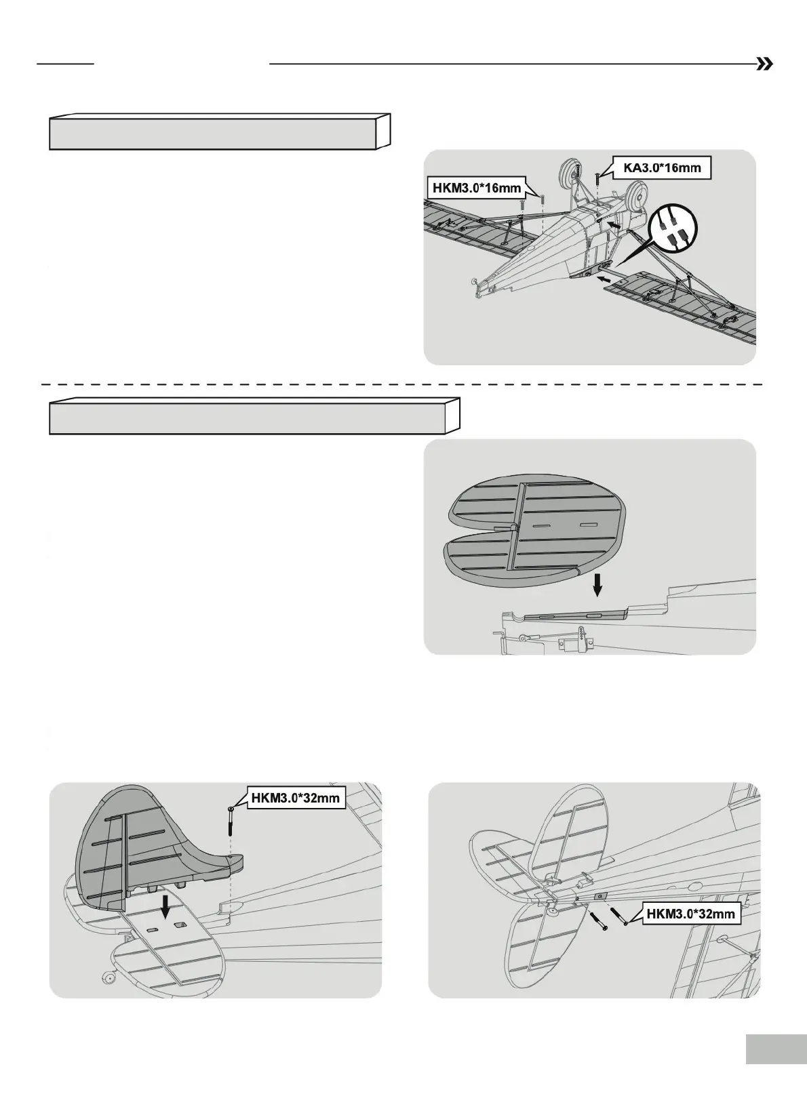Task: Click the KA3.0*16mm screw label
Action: pos(661,167)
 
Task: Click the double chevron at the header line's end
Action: pos(764,64)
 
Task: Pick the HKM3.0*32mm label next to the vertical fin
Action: pos(295,798)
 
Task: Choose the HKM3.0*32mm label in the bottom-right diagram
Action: pos(690,914)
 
